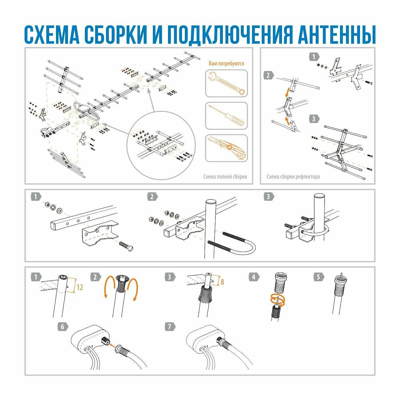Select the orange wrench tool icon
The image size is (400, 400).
tap(226, 83)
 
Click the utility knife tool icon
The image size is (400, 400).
tap(226, 148)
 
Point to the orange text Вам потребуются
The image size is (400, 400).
tap(226, 63)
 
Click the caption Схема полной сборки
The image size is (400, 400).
tap(225, 177)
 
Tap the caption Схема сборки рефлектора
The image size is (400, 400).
tap(293, 177)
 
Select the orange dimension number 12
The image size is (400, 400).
tap(80, 287)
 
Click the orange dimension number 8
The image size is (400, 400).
tap(222, 282)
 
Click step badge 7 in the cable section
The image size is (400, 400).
tap(170, 326)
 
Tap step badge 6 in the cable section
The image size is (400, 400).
tap(63, 326)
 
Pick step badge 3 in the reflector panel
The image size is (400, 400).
tap(314, 118)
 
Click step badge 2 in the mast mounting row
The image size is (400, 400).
tap(152, 197)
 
